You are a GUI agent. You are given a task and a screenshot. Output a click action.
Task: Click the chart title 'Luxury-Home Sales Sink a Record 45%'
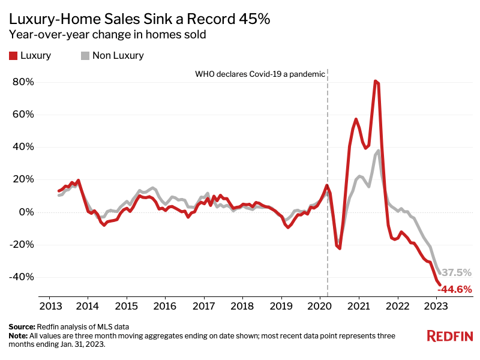click(x=139, y=19)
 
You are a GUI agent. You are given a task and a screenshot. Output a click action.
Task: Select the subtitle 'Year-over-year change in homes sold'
click(x=107, y=35)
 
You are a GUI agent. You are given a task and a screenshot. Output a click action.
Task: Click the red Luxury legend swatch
click(x=13, y=56)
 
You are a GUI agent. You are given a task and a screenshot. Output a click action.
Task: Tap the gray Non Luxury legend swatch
click(x=85, y=56)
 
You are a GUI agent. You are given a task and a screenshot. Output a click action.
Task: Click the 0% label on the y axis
click(x=26, y=212)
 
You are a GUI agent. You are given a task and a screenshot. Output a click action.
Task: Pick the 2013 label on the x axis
click(x=49, y=305)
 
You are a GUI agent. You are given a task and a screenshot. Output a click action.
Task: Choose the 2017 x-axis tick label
click(x=203, y=305)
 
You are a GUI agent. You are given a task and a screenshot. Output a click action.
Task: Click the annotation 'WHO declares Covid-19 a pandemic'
click(x=260, y=74)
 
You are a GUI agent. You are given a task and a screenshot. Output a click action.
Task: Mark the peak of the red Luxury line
click(x=375, y=81)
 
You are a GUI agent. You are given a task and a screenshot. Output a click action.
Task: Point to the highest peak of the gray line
click(x=379, y=151)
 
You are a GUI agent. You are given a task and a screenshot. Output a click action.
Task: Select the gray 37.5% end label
click(x=457, y=272)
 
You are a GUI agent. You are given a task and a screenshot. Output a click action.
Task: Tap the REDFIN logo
click(x=449, y=336)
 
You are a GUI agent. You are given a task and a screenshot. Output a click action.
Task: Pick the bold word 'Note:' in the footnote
click(x=19, y=335)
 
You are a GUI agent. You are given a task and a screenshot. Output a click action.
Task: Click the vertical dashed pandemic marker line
click(x=328, y=180)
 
